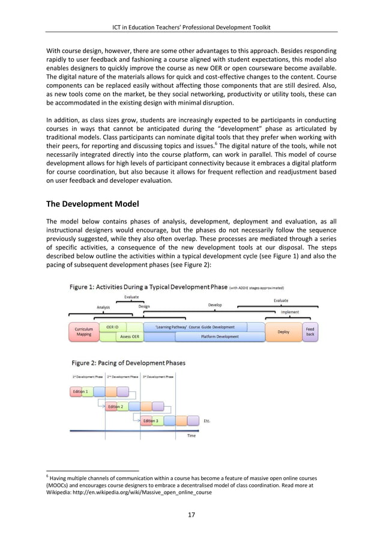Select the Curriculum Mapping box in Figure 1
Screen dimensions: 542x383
(83, 332)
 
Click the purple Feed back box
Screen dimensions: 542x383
(310, 332)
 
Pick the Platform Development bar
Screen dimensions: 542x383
(220, 336)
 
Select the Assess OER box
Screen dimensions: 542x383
(130, 336)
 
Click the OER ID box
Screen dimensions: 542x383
(112, 327)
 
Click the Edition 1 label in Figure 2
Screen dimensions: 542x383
(80, 392)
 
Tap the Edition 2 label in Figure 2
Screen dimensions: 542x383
(115, 407)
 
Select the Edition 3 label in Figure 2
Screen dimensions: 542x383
(151, 421)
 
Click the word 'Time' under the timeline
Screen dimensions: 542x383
(191, 436)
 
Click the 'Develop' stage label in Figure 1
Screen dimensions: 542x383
(214, 305)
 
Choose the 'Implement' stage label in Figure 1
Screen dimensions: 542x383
(290, 312)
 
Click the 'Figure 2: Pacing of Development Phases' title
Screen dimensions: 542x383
(128, 363)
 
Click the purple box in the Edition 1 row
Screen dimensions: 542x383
(122, 392)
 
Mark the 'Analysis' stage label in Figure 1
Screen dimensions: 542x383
(104, 307)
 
